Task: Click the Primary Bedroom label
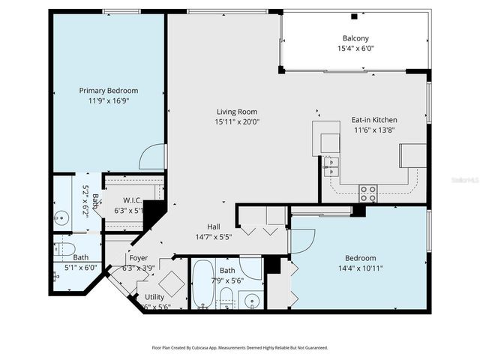pos(109,91)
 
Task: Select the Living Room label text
pos(236,112)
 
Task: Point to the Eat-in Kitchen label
pos(374,120)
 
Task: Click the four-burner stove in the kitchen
pos(367,193)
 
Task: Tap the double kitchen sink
pos(331,166)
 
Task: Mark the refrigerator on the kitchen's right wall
pos(413,155)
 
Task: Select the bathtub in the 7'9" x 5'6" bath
pos(203,284)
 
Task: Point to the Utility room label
pos(154,297)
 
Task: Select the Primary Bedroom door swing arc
pos(152,157)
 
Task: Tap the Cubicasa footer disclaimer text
pos(239,347)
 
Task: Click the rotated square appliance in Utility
pos(170,284)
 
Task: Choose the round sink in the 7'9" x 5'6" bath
pos(252,302)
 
